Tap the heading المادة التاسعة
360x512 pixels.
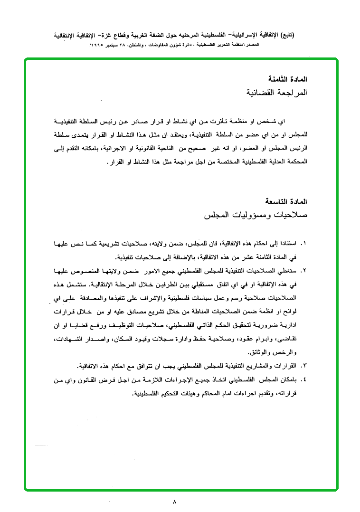coord(288,201)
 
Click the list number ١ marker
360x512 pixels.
coord(304,244)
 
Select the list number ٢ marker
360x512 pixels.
coord(304,271)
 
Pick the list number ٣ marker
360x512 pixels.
coord(304,366)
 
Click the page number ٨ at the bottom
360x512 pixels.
coord(175,502)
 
